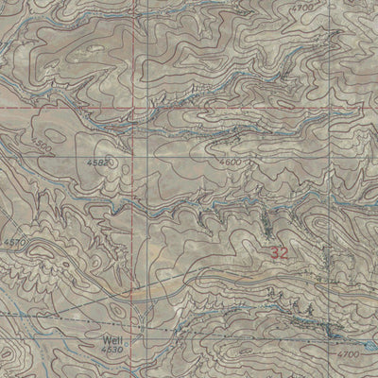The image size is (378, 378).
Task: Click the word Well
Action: (109, 335)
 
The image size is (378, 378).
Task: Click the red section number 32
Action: (280, 253)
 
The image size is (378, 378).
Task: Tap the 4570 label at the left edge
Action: (12, 243)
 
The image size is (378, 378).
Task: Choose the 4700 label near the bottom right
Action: (348, 352)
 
